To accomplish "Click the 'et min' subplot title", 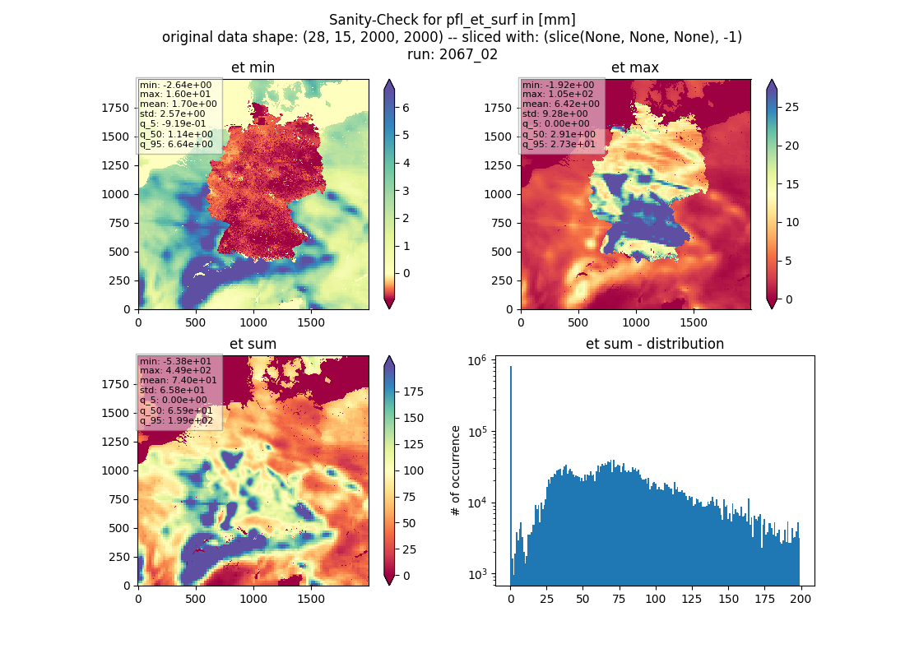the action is (253, 67).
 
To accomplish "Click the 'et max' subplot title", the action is (635, 67).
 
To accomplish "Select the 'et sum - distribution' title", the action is (655, 344).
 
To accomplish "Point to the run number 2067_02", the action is (468, 54).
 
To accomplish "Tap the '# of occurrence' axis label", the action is (456, 471).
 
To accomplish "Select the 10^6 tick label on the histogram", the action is (476, 361).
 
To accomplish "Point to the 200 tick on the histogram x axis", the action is (801, 599).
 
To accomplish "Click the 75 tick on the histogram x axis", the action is (619, 599).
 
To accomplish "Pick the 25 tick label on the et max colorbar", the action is (791, 108).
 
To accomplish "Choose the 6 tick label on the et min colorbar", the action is (406, 108).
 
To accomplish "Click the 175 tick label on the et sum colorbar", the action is (413, 392).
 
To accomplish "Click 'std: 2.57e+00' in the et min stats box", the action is (172, 114).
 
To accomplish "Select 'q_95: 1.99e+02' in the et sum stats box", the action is (176, 420).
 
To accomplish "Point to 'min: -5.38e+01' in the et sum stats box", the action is (175, 361).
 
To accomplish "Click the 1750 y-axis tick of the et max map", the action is (498, 108).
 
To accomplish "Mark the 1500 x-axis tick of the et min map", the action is (311, 322).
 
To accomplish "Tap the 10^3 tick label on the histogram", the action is (476, 574).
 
